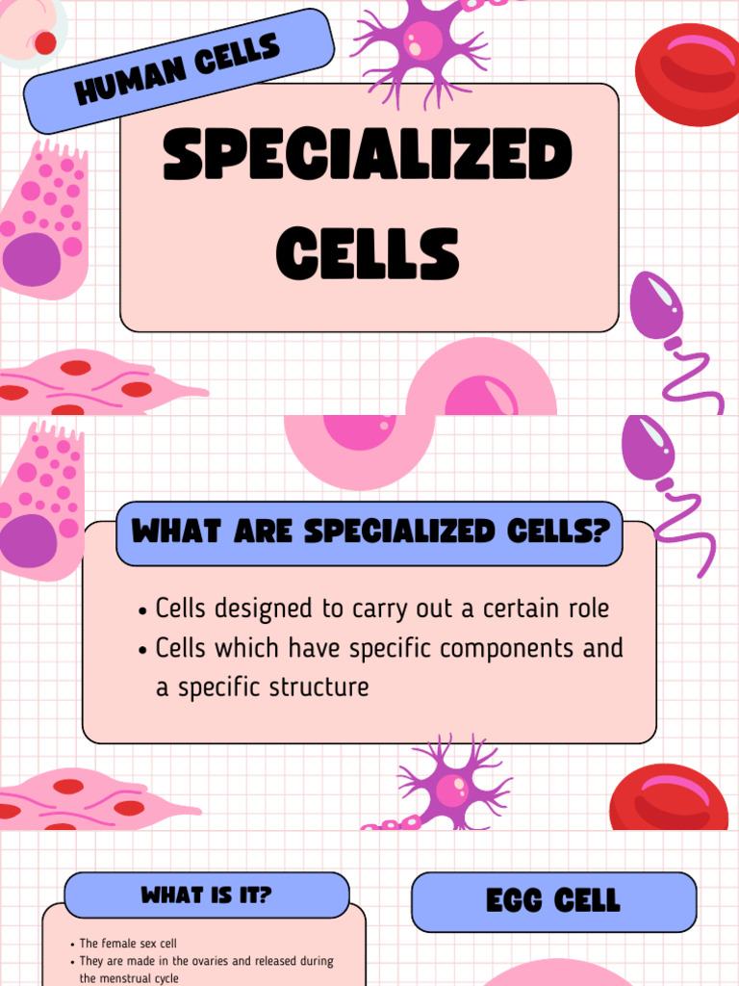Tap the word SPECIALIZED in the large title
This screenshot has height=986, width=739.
point(368,156)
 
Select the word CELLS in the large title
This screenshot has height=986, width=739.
point(368,252)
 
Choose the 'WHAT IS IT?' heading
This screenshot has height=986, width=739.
point(206,895)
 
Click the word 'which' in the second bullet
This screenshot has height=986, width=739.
point(243,649)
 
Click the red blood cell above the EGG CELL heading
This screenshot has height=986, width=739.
point(668,797)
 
